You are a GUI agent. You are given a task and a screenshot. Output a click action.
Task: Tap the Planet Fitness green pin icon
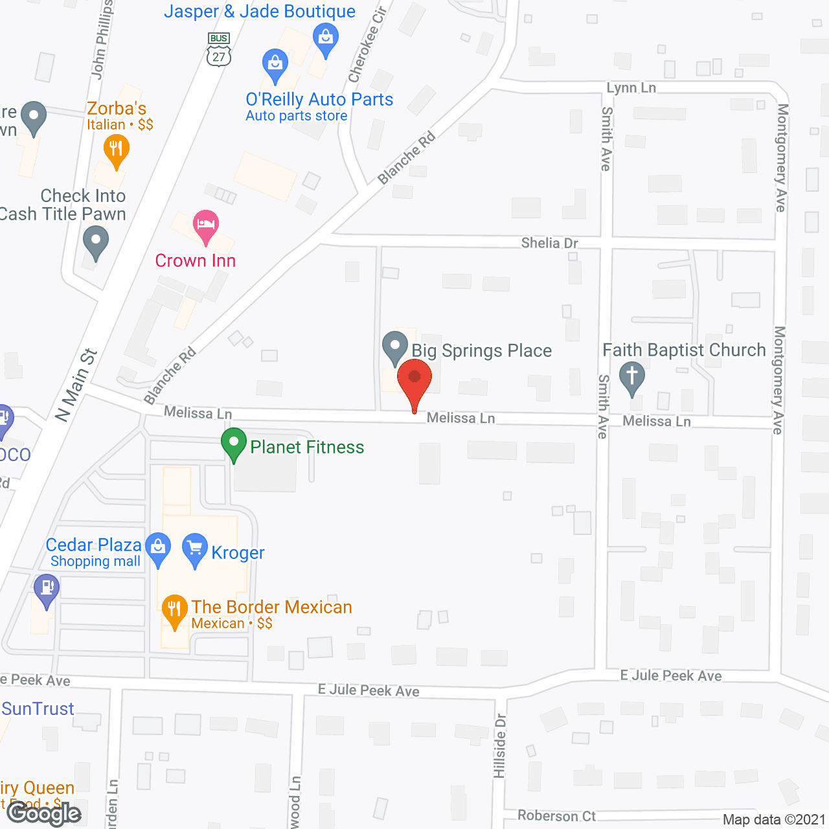233,444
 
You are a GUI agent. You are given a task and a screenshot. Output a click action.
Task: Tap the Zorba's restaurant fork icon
117,150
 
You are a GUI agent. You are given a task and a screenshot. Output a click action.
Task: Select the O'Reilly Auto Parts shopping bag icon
275,65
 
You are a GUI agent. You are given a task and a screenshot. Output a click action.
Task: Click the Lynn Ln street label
631,88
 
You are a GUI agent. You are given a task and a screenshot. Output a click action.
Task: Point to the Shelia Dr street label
549,243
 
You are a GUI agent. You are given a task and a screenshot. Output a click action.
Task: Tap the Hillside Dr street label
499,745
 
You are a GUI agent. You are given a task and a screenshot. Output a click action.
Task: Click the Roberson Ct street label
556,815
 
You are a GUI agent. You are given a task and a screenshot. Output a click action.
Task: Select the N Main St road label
76,385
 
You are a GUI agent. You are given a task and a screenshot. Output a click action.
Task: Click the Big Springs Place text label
481,350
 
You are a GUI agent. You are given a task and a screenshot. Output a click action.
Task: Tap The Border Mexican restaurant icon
174,610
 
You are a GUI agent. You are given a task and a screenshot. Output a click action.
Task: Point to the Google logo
44,813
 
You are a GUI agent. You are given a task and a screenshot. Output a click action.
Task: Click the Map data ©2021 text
773,820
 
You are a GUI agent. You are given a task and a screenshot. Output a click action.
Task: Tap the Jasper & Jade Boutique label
260,11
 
